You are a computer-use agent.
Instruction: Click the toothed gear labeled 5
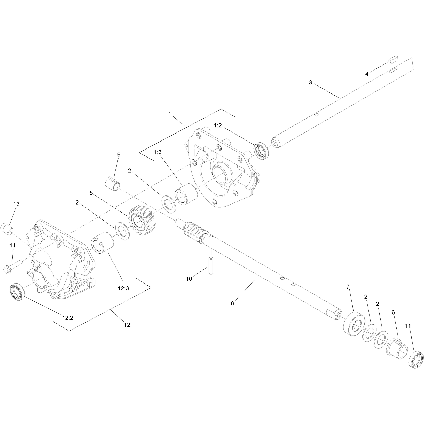[142, 219]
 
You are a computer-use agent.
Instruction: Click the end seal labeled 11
[416, 360]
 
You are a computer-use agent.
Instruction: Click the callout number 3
[310, 83]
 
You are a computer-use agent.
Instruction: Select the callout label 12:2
[68, 318]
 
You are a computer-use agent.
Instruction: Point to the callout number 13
[16, 204]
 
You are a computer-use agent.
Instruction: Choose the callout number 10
[189, 279]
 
